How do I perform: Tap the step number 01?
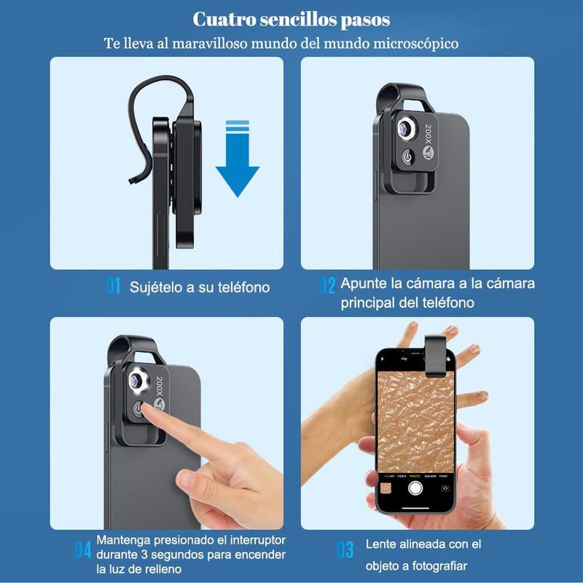(113, 286)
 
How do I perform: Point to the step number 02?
(326, 286)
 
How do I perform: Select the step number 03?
(345, 549)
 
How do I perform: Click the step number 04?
(82, 549)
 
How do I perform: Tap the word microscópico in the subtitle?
(415, 44)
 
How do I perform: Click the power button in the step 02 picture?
(407, 157)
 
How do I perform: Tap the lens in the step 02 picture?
(405, 128)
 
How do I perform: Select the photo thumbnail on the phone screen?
(386, 488)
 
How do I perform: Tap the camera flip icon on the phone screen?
(445, 488)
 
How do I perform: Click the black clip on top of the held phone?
(435, 355)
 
